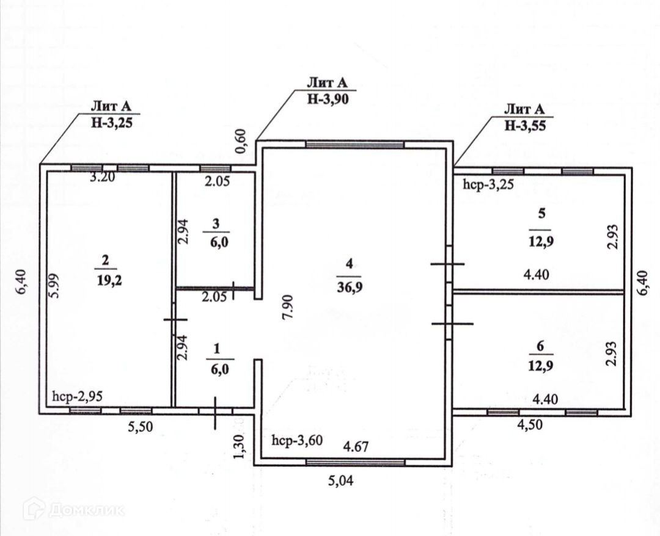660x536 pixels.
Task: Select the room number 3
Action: click(215, 224)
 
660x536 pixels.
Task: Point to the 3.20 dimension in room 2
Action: click(102, 178)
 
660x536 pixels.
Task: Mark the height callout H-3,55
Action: click(524, 125)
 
